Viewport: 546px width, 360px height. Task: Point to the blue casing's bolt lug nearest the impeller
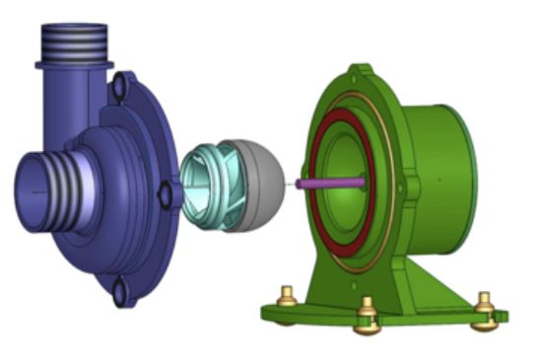pos(166,195)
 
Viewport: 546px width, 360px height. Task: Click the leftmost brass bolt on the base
pos(286,296)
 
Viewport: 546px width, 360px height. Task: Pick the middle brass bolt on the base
pos(367,313)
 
